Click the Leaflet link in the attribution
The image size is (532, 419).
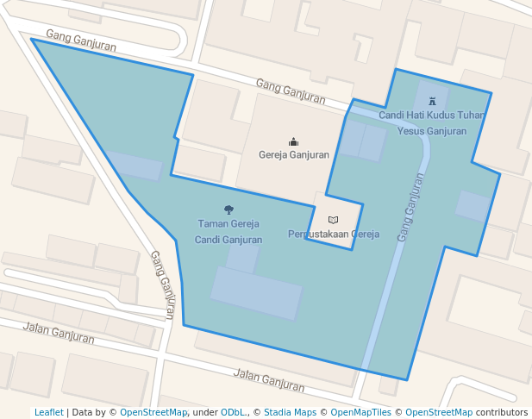point(48,413)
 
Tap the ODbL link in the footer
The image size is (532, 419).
point(234,413)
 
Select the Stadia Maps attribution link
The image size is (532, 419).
point(290,413)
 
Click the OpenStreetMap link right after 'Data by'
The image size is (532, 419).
point(153,413)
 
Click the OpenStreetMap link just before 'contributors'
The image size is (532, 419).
point(438,413)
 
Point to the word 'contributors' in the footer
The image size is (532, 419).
point(501,413)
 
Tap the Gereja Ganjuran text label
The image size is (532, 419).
point(294,156)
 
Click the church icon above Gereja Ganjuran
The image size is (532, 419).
point(294,142)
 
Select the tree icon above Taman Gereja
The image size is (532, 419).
point(228,209)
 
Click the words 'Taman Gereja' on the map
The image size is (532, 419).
point(228,224)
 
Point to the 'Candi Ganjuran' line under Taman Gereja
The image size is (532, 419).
point(228,240)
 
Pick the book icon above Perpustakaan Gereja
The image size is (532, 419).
point(333,220)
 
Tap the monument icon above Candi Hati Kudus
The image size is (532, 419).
point(432,101)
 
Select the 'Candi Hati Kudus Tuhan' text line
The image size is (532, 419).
point(431,115)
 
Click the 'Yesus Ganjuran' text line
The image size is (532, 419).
point(432,131)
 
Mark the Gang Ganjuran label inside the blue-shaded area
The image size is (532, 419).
point(411,208)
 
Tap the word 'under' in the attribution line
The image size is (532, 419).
point(204,413)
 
